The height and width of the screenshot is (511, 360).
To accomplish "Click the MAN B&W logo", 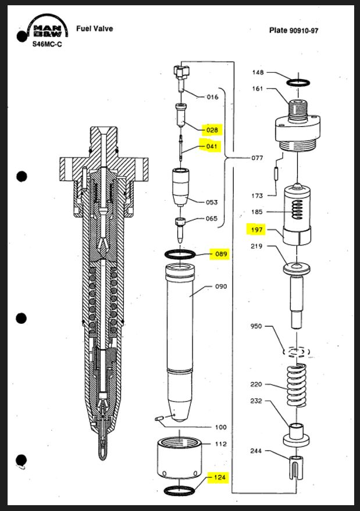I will point(49,31).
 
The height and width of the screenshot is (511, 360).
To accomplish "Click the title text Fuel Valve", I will point(94,29).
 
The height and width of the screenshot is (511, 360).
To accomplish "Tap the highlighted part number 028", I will point(211,130).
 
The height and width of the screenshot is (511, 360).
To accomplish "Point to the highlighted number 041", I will point(211,146).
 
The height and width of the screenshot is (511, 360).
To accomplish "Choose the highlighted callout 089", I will point(221,254).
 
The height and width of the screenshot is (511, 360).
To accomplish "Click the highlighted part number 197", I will point(256,230).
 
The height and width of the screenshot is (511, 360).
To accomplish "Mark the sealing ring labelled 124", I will point(181,491).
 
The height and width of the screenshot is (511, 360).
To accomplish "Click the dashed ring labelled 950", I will point(297,352).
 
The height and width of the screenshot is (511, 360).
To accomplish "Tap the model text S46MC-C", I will point(48,44).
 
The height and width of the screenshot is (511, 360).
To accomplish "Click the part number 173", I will point(256,196).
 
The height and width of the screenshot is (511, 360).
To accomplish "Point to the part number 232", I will point(256,401).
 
